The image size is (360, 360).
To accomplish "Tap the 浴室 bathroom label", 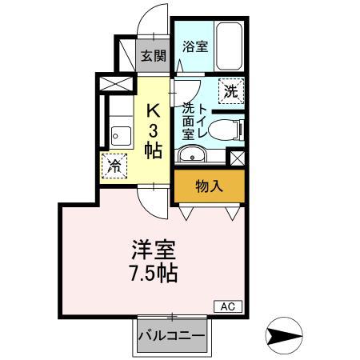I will [195, 46].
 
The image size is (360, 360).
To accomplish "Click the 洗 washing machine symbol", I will [230, 91].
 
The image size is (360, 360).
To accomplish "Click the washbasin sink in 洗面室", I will [192, 154].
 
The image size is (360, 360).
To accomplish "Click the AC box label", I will [227, 306].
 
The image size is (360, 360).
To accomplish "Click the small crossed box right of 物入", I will [236, 157].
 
